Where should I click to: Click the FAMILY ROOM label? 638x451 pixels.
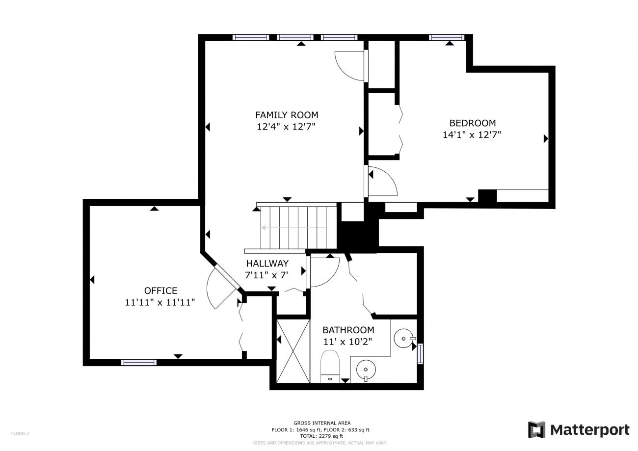(x=287, y=115)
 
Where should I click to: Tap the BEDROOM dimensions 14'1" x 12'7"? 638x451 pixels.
(x=472, y=134)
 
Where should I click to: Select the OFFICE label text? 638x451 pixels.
(x=160, y=291)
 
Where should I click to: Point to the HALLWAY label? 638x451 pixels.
(x=267, y=264)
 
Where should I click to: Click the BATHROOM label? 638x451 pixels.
(x=348, y=330)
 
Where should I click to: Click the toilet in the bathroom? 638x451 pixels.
(x=330, y=367)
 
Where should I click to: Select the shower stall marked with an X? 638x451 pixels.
(x=293, y=351)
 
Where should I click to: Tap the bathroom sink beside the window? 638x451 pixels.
(x=404, y=339)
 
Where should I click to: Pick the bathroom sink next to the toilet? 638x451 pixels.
(x=366, y=370)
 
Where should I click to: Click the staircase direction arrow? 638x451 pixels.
(x=293, y=228)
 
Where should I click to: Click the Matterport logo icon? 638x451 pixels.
(x=536, y=429)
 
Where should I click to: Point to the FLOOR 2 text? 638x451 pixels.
(x=20, y=434)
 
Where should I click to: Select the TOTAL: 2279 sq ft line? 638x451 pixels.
(x=321, y=436)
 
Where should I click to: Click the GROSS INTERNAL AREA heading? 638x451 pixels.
(x=322, y=423)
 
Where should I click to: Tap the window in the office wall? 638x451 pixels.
(x=139, y=362)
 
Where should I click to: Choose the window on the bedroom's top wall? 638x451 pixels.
(x=447, y=37)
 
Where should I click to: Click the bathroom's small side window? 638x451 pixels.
(x=420, y=354)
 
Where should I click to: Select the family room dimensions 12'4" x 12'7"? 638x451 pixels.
(x=286, y=127)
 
